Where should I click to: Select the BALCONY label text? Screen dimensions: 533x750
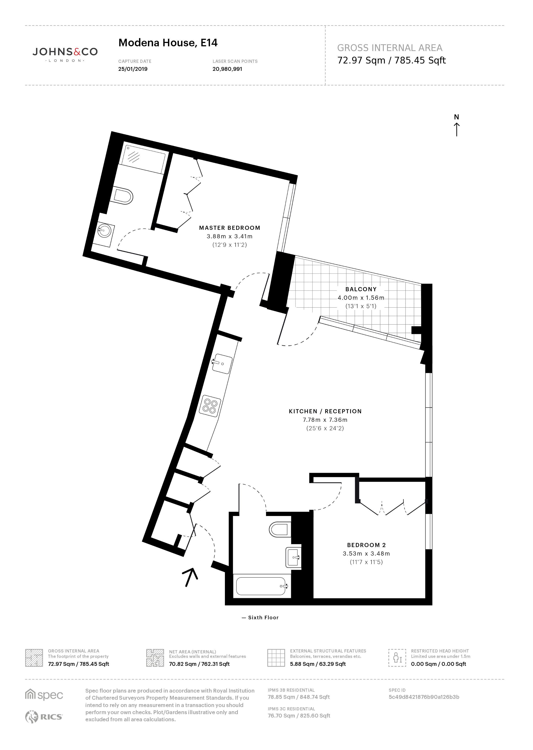pyautogui.click(x=361, y=289)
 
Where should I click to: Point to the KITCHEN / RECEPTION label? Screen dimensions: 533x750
pyautogui.click(x=325, y=411)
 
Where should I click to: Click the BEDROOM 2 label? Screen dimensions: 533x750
pyautogui.click(x=366, y=545)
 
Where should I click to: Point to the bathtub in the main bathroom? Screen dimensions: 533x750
pyautogui.click(x=262, y=586)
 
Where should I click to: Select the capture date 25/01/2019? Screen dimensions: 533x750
pyautogui.click(x=133, y=69)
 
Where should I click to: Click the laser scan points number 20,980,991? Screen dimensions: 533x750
pyautogui.click(x=227, y=69)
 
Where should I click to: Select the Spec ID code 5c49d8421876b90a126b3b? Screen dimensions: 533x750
pyautogui.click(x=424, y=697)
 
